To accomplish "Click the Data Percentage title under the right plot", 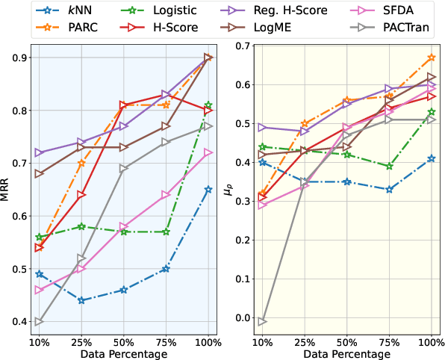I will (346, 354).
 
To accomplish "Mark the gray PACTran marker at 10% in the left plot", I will (39, 322).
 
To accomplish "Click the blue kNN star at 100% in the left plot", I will (208, 190).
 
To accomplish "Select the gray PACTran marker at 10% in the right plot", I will (262, 322).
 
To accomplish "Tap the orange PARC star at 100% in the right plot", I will (431, 58).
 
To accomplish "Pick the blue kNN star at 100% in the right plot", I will (431, 158).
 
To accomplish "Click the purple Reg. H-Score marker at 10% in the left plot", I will (39, 153).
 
